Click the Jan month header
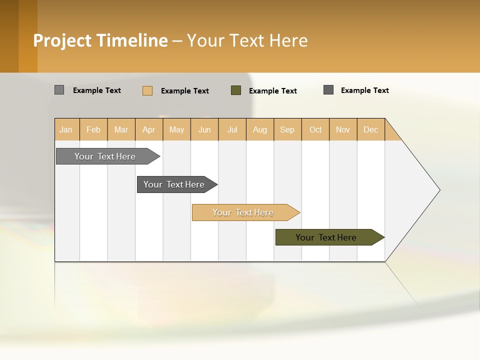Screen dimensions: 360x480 (66, 129)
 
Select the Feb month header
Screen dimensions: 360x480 (93, 129)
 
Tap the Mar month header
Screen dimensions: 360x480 (121, 129)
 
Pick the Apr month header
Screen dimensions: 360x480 (149, 129)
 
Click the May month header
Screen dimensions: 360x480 (176, 129)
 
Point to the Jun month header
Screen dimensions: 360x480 (204, 129)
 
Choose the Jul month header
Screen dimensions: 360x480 (232, 129)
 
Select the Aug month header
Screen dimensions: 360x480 (260, 129)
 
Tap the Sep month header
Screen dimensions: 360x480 (287, 129)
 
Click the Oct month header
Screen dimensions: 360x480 (315, 129)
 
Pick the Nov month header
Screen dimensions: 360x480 (343, 129)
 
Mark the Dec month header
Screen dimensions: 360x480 (371, 129)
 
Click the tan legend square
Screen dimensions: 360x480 (147, 90)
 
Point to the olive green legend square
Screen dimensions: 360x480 (236, 90)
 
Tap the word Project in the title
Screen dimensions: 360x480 (62, 40)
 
